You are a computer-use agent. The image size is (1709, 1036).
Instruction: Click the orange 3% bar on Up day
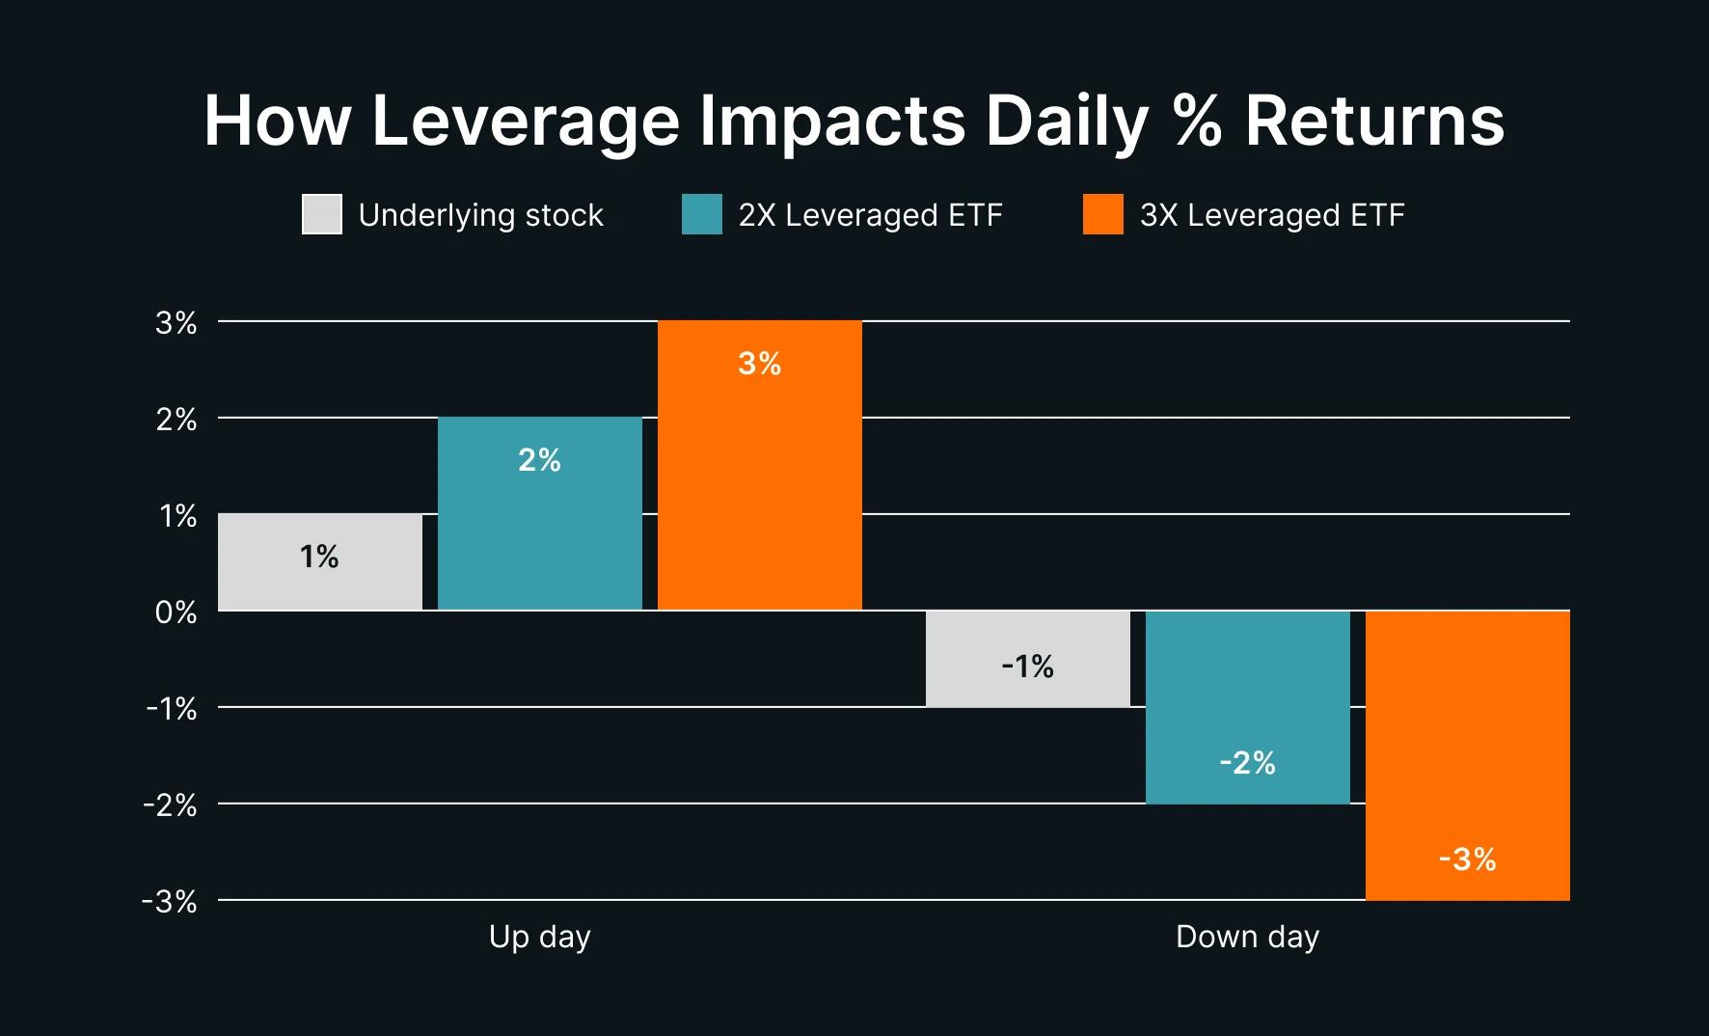point(759,465)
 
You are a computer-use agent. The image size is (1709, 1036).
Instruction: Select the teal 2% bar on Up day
point(539,513)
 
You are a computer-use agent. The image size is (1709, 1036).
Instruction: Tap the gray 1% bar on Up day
point(319,561)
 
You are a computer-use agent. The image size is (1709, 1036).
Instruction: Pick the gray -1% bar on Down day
point(1027,659)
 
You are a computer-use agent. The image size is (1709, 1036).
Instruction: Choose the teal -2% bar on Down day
point(1247,707)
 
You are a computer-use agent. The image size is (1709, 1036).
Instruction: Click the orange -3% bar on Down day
point(1467,755)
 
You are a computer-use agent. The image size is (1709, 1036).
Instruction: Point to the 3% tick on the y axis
point(176,323)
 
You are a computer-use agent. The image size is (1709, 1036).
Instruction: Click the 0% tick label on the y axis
point(176,613)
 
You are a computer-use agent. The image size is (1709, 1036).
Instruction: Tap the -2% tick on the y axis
point(171,805)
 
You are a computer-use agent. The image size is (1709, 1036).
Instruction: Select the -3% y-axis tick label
point(170,902)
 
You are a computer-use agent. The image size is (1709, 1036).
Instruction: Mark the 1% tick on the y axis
point(177,516)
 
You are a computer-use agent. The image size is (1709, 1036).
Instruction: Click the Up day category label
point(539,937)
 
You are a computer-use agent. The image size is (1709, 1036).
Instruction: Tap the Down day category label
point(1247,937)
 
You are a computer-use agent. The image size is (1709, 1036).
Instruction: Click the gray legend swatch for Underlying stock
point(321,214)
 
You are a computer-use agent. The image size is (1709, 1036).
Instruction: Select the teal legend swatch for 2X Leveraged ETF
point(701,214)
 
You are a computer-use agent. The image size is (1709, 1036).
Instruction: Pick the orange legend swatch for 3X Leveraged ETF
point(1102,214)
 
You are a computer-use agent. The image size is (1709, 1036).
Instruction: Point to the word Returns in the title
point(1374,122)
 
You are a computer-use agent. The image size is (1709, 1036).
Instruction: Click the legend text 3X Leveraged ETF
point(1271,214)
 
